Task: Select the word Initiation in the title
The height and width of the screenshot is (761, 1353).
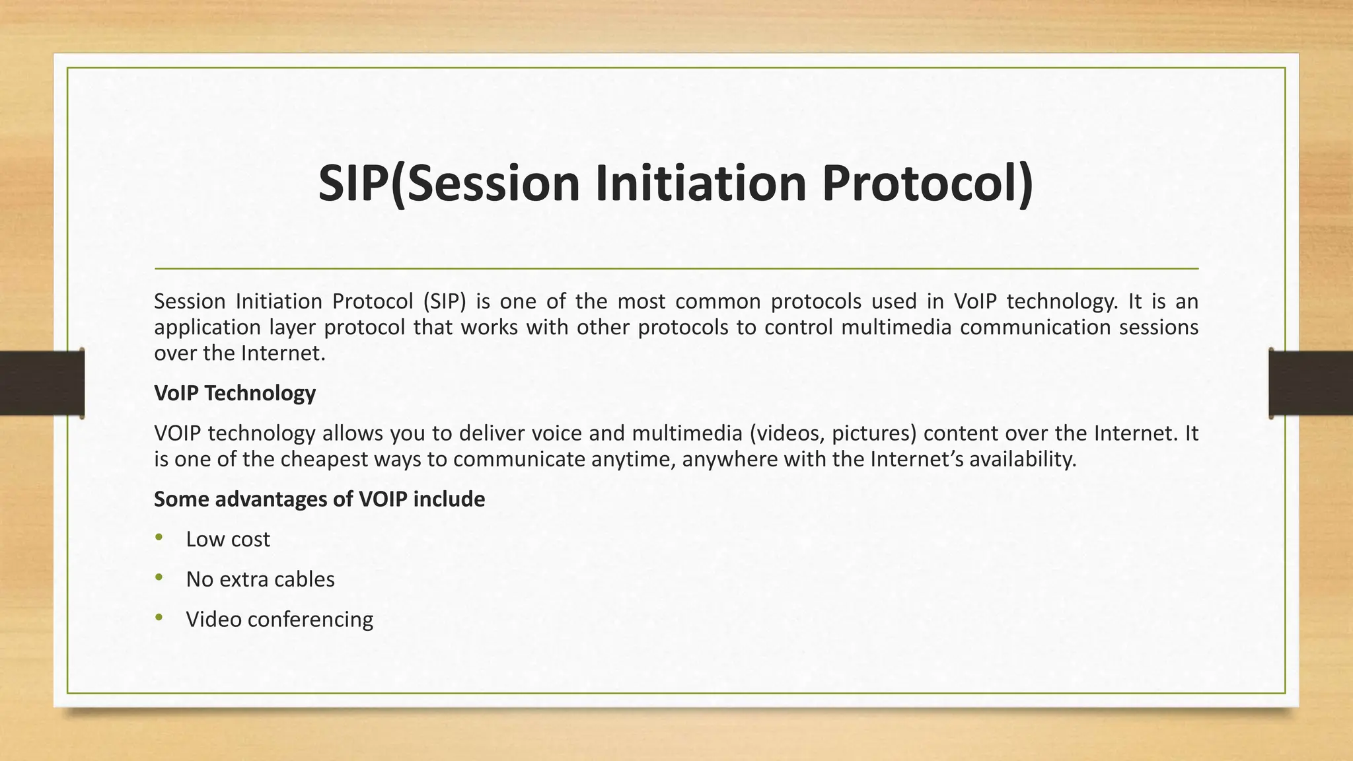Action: pyautogui.click(x=701, y=184)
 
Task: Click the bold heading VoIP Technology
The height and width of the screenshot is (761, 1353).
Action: pyautogui.click(x=235, y=393)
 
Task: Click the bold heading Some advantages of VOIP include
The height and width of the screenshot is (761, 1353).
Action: pyautogui.click(x=319, y=499)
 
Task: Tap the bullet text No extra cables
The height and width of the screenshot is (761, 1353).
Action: pyautogui.click(x=260, y=579)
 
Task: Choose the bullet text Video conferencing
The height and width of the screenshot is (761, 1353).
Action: pyautogui.click(x=279, y=620)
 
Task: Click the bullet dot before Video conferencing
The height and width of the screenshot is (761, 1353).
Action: pyautogui.click(x=159, y=618)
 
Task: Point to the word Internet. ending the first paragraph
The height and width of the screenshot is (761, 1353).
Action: pyautogui.click(x=283, y=353)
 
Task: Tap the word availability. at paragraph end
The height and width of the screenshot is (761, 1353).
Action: pyautogui.click(x=1023, y=459)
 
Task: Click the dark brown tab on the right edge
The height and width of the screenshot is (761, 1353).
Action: pyautogui.click(x=1311, y=383)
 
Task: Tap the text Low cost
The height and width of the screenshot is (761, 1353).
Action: pyautogui.click(x=228, y=540)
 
